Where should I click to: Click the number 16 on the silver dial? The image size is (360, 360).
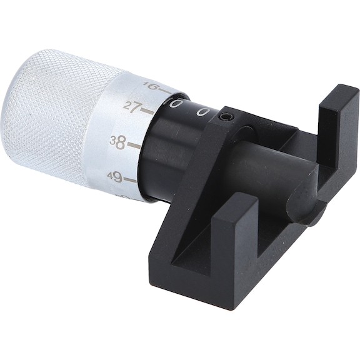[x=149, y=86]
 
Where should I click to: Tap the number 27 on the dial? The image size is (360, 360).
[x=131, y=107]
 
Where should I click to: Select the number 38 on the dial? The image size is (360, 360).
[x=117, y=141]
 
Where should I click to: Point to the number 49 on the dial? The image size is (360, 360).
[x=114, y=177]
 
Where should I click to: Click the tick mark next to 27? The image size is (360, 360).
[x=147, y=111]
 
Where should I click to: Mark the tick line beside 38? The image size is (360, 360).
[x=134, y=144]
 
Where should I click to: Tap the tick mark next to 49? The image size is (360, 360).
[x=129, y=179]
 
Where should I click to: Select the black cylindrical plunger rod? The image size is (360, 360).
[x=269, y=169]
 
